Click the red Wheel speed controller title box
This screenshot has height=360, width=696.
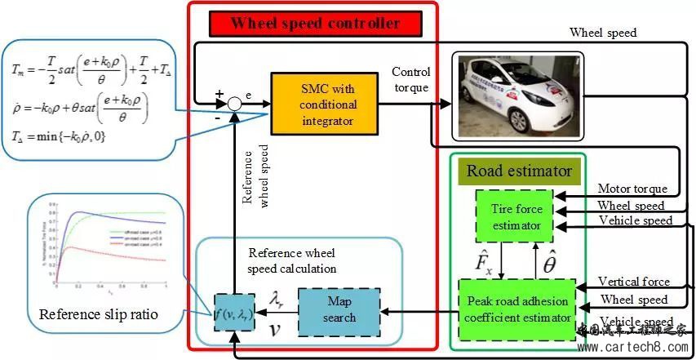coord(315,23)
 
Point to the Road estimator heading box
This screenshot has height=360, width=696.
coord(519,171)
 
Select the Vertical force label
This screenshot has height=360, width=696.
coord(633,282)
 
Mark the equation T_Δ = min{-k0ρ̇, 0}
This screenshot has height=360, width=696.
coord(58,136)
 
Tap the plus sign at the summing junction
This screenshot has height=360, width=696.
coord(219,94)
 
